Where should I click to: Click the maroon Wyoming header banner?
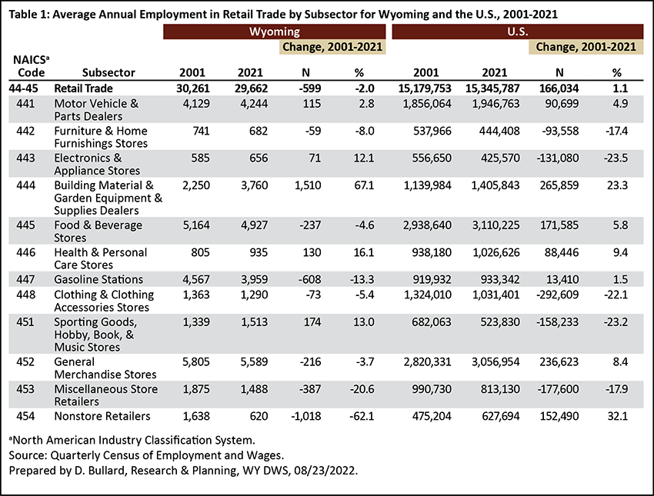coord(274,32)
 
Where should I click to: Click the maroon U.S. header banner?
coord(518,32)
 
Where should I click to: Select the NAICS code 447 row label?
coord(25,279)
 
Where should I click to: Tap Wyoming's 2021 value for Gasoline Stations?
coord(254,279)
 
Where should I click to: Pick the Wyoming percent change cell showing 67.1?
coord(364,185)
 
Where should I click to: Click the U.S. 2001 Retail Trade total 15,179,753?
coord(425,88)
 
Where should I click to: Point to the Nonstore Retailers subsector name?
coord(102,416)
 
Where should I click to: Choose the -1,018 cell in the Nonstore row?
coord(307,416)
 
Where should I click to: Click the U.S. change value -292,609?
coord(557,295)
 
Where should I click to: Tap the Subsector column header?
coord(108,72)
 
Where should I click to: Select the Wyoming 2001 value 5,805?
coord(196,361)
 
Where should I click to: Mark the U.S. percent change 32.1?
coord(617,416)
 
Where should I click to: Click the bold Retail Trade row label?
coord(83,88)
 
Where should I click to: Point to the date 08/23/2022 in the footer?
coord(325,470)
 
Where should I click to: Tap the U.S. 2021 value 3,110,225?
coord(496,225)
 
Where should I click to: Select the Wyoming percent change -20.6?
coord(362,389)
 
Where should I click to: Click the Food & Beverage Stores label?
coord(98,231)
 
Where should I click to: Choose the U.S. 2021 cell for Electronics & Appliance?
coord(500,158)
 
